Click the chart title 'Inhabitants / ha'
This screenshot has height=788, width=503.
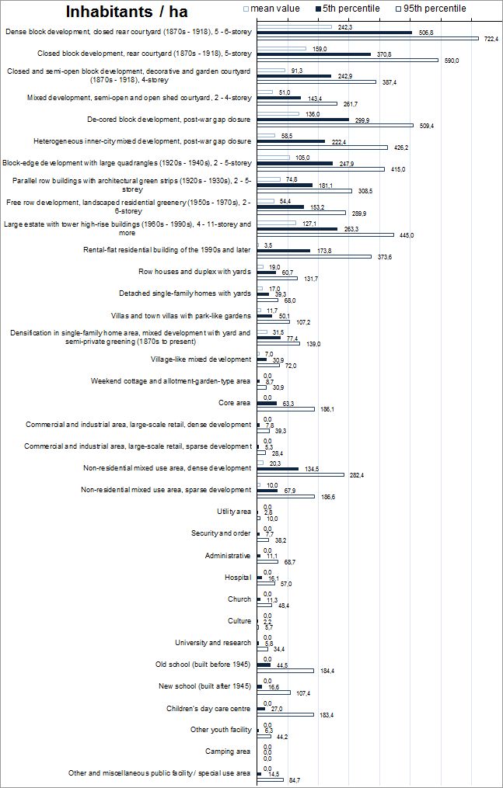coord(127,12)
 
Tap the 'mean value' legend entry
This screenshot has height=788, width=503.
coord(272,9)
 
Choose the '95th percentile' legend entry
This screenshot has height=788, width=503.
coord(435,9)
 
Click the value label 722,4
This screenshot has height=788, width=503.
coord(491,38)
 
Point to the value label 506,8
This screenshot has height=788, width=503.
coord(425,33)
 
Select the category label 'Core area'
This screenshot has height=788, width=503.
coord(235,403)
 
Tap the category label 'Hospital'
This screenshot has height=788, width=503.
coord(238,578)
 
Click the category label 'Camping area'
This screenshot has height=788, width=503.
coord(228,752)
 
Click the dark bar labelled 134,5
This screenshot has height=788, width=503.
coord(277,469)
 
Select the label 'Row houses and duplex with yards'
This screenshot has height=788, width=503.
coord(194,272)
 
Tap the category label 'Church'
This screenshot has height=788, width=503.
coord(239,599)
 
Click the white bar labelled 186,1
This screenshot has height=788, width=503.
coord(285,409)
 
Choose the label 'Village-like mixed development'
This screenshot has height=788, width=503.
coord(201,359)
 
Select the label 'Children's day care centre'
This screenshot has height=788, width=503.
coord(208,708)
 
